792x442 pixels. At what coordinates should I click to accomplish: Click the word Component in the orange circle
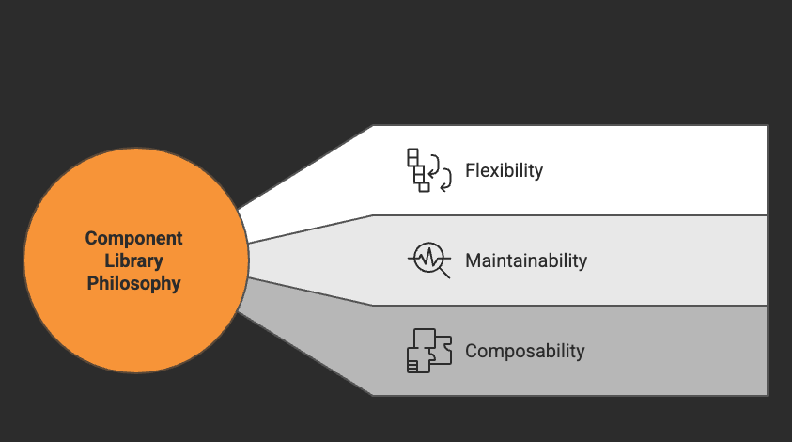click(x=134, y=238)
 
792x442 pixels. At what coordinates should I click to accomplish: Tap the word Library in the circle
click(x=134, y=260)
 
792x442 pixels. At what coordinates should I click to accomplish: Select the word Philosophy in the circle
click(x=134, y=283)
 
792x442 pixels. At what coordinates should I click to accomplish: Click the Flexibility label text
click(x=505, y=171)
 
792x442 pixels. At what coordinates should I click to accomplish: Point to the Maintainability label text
click(x=526, y=260)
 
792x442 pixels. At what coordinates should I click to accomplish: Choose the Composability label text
click(x=525, y=352)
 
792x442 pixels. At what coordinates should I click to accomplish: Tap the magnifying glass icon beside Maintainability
click(x=428, y=260)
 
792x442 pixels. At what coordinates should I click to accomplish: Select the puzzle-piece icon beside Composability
click(x=428, y=351)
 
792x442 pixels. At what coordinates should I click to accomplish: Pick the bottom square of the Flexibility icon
click(x=424, y=187)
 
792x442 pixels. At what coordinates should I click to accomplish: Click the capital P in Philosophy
click(x=93, y=283)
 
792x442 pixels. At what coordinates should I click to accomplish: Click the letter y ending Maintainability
click(x=582, y=262)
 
